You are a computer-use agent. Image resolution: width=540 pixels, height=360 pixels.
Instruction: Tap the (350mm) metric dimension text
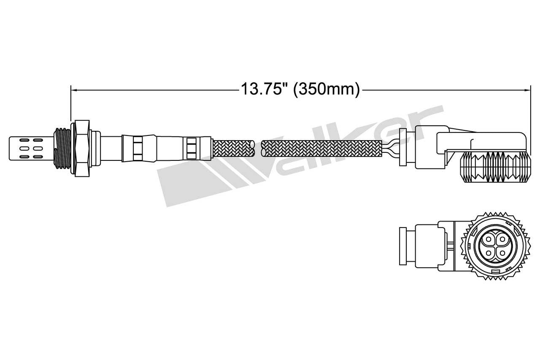tap(327, 89)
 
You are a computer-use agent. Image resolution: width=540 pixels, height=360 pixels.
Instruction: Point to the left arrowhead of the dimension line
tap(73, 89)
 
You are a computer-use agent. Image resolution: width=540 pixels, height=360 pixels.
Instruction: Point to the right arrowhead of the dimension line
tap(528, 89)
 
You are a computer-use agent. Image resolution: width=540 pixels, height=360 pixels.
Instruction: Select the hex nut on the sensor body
tap(82, 148)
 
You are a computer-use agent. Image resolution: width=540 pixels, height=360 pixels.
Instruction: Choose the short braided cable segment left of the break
tap(233, 148)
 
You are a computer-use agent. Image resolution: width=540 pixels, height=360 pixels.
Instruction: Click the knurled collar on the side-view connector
tap(494, 168)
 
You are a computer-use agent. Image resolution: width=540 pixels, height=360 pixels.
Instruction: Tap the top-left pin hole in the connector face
tap(489, 240)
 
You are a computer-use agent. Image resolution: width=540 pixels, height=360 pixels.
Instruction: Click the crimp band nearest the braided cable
tap(192, 148)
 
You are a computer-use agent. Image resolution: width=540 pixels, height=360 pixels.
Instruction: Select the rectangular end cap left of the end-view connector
tap(403, 247)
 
